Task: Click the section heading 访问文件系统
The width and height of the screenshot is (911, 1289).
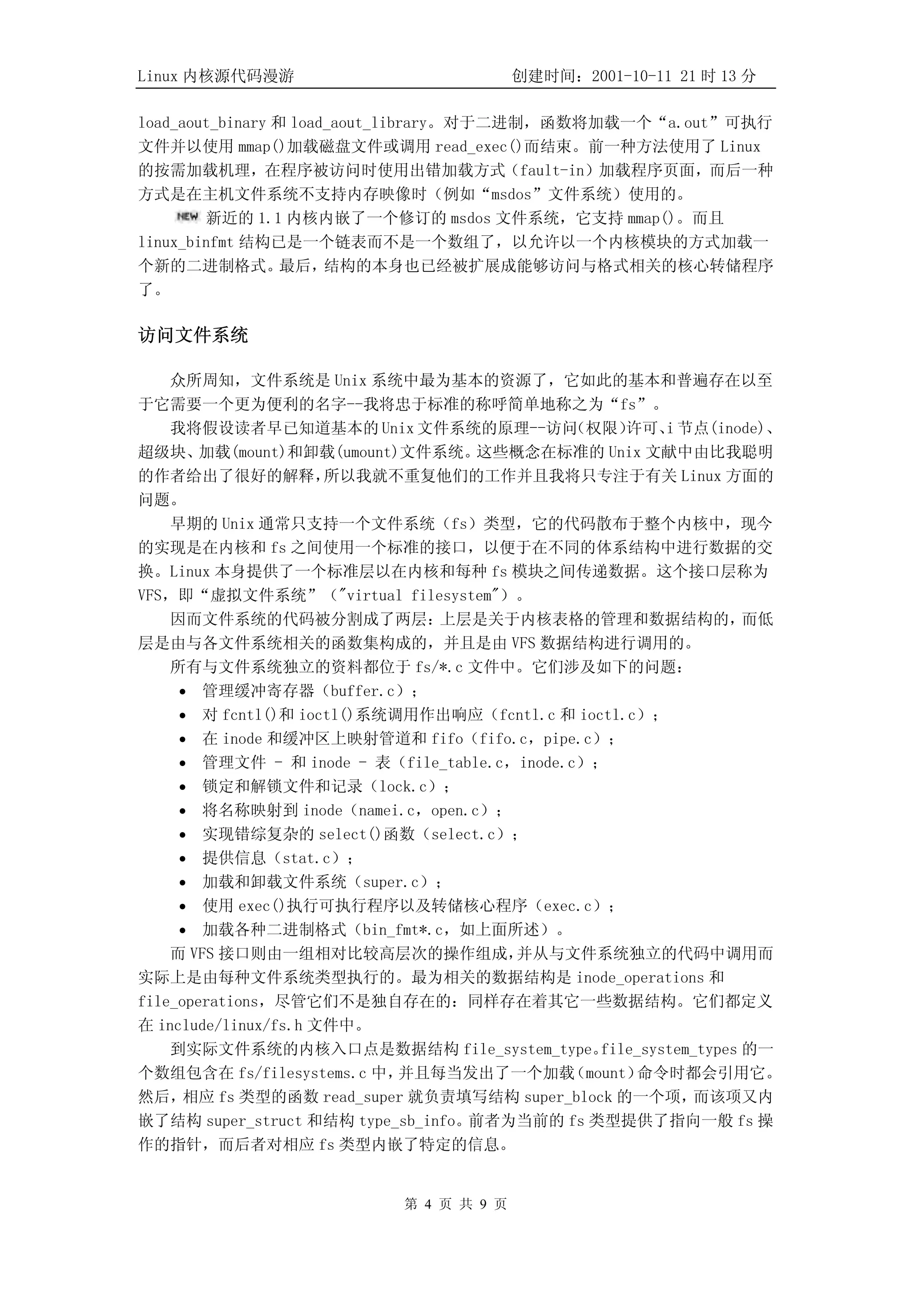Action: [x=193, y=336]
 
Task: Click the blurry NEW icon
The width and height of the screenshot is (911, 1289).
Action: [x=187, y=217]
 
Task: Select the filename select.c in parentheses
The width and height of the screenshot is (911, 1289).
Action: [x=472, y=834]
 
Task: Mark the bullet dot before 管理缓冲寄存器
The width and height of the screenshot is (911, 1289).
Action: [x=182, y=692]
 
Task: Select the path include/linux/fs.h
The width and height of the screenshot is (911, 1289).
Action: [x=231, y=1025]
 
